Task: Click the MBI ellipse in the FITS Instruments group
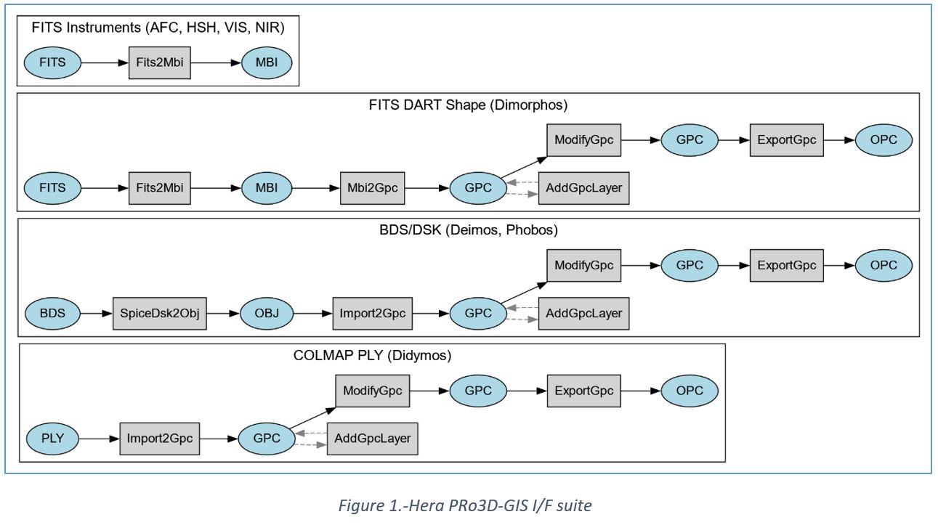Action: pos(267,62)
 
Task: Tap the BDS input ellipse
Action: pos(52,314)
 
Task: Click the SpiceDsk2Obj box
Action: pos(159,314)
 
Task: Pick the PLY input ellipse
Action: pos(52,439)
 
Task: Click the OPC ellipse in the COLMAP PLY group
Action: pos(689,391)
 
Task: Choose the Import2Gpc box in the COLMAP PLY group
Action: pos(159,439)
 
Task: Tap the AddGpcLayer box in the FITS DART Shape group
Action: pos(583,188)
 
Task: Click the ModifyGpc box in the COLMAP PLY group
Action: pos(372,391)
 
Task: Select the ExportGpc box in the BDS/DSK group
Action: pos(786,266)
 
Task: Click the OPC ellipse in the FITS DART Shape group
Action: pos(884,140)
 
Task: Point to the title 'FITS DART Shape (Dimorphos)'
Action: pos(468,105)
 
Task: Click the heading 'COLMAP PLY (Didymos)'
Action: pos(372,356)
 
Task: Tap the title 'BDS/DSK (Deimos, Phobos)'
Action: pos(468,231)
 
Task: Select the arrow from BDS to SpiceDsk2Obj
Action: pos(96,314)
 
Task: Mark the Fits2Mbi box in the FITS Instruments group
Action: pos(159,62)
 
